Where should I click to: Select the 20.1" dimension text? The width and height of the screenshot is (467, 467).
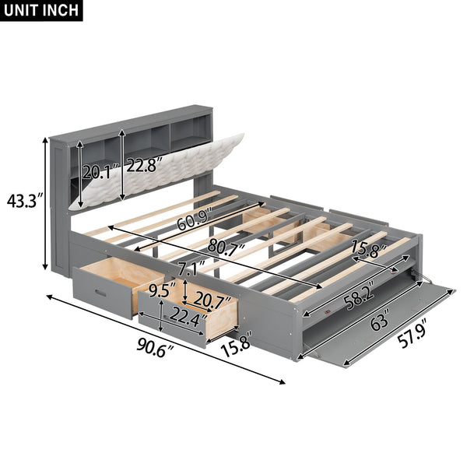pyautogui.click(x=100, y=172)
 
